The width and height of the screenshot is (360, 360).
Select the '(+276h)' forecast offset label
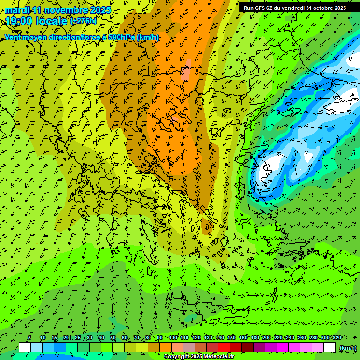[x=83, y=21]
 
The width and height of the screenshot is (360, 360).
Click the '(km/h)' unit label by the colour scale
[x=348, y=347]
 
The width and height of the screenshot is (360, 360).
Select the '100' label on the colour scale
[x=173, y=338]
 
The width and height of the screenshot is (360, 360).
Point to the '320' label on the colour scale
[x=337, y=338]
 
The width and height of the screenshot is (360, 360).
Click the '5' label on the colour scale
[x=30, y=338]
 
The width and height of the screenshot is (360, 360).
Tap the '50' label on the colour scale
[x=112, y=338]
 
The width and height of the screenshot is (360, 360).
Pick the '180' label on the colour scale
[x=255, y=338]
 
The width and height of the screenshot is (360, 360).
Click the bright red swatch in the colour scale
[x=225, y=347]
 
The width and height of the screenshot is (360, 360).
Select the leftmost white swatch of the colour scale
[x=25, y=347]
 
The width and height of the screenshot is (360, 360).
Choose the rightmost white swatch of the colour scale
[x=330, y=347]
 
